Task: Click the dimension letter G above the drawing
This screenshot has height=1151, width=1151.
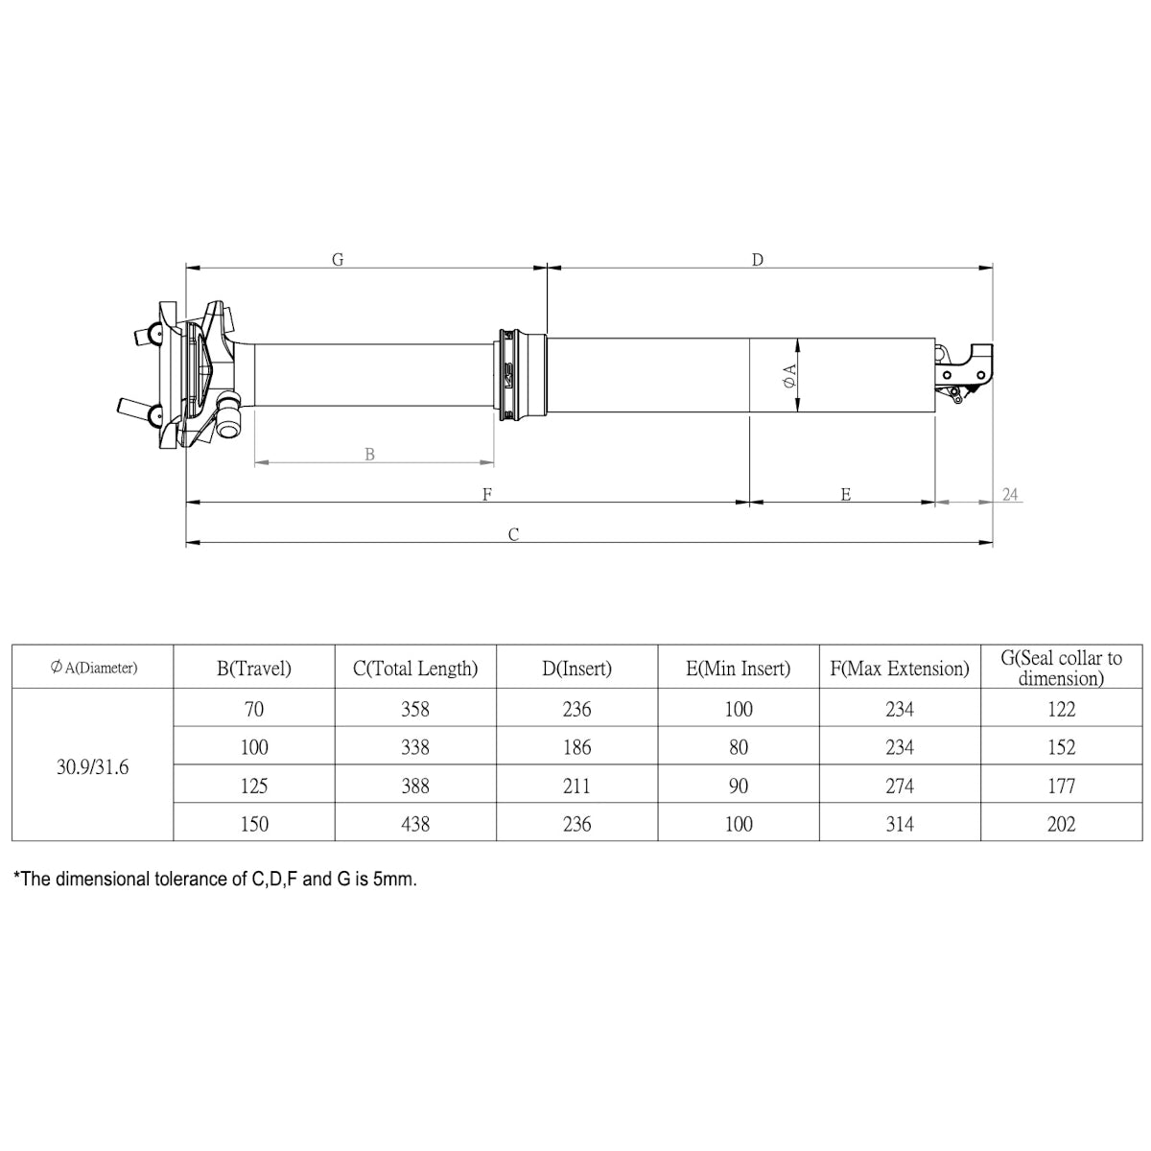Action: point(338,260)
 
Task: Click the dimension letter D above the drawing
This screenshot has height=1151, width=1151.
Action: point(758,260)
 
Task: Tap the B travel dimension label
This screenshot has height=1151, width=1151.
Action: point(369,454)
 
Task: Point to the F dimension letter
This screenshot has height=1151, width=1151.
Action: point(487,494)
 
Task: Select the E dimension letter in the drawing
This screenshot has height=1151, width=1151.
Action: point(846,494)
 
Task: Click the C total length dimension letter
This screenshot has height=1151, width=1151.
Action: point(514,534)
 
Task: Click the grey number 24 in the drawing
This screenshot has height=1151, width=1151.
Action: point(1010,494)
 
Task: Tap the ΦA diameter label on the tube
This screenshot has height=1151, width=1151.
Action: point(789,376)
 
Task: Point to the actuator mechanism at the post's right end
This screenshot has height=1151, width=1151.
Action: point(964,373)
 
